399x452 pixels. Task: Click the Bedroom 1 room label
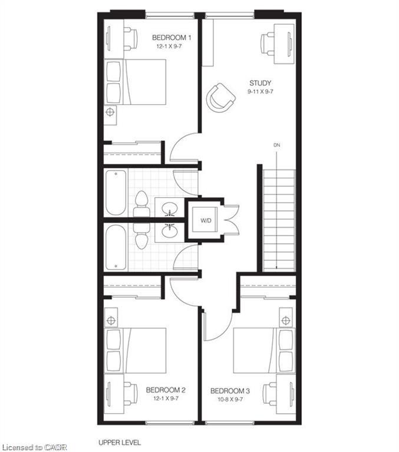click(x=171, y=38)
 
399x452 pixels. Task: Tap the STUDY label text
click(x=260, y=84)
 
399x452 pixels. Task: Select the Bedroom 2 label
click(x=166, y=390)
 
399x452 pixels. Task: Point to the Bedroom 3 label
click(x=230, y=391)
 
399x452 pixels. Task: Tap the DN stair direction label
click(x=276, y=145)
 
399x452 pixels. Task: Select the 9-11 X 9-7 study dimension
click(x=260, y=92)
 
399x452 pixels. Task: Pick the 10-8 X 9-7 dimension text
click(x=230, y=399)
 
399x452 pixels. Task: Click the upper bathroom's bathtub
click(x=116, y=192)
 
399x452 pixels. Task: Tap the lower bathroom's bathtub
click(x=116, y=248)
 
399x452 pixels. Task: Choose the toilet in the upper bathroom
click(x=141, y=204)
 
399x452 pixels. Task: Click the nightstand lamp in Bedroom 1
click(x=110, y=112)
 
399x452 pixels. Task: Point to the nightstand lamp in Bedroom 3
click(x=285, y=320)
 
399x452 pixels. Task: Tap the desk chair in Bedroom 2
click(x=130, y=394)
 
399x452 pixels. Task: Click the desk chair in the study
click(x=268, y=44)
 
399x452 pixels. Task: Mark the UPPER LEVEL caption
click(x=120, y=443)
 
